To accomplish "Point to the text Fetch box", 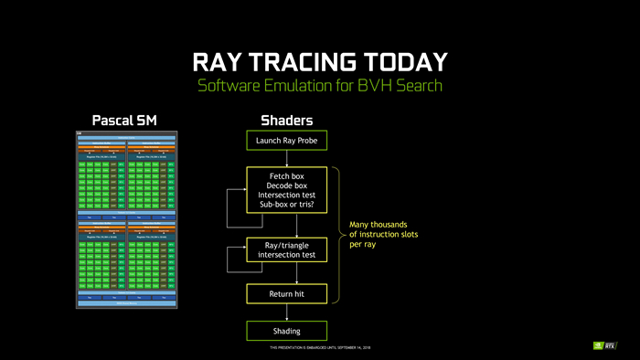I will click(286, 175).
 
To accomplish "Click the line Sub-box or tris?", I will click(286, 205).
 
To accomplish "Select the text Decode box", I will click(286, 185).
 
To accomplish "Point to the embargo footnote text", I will click(319, 348).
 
